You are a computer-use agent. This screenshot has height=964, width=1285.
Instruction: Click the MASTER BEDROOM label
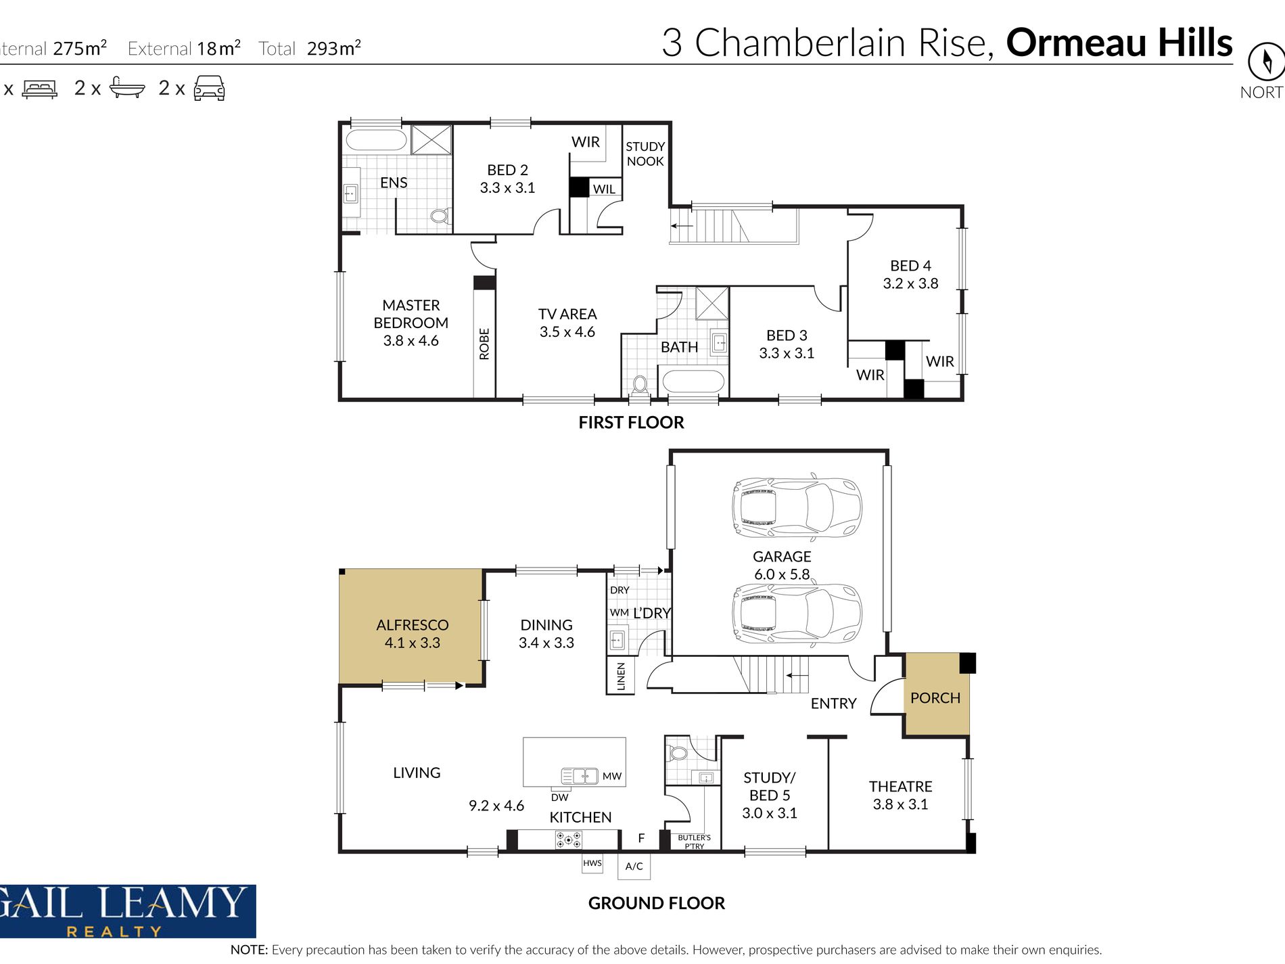pos(411,323)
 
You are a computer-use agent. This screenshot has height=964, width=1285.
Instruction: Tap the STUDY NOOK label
pos(645,154)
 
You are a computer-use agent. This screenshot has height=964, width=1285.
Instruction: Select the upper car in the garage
pos(797,508)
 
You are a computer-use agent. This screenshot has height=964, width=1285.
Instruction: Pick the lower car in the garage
pos(797,614)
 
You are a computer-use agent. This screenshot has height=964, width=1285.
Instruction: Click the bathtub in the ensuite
pos(376,139)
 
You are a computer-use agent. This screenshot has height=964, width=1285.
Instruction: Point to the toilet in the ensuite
pos(440,216)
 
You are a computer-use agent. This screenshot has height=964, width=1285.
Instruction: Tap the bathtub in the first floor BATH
pos(693,381)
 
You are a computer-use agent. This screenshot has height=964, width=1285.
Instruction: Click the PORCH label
pos(935,697)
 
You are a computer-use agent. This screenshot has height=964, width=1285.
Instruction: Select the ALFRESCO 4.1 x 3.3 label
pos(412,634)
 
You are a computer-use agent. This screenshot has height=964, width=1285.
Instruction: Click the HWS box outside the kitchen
pos(592,863)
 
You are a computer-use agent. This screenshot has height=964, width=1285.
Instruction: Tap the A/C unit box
pos(634,866)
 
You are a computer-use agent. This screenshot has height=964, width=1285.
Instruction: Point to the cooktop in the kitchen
pos(568,840)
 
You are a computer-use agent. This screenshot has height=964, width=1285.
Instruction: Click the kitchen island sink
pos(580,776)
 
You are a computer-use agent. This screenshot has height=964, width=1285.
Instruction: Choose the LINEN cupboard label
pos(621,676)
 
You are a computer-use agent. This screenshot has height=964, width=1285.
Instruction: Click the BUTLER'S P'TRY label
pos(694,842)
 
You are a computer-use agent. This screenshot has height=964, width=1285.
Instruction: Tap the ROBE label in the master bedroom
pos(484,344)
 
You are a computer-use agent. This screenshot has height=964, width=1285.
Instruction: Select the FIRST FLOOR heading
pos(631,423)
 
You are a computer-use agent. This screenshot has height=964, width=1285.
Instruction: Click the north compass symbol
pos(1266,62)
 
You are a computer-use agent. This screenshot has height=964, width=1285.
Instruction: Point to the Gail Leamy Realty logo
pos(128,911)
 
